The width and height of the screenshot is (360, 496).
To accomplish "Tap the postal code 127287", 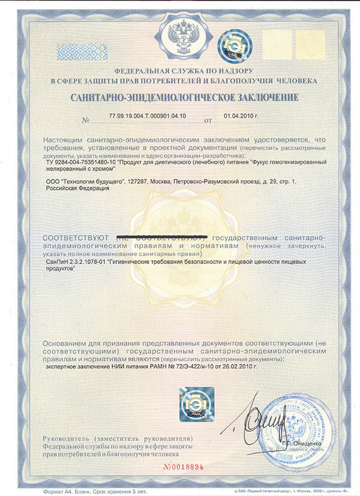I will pos(139,181).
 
